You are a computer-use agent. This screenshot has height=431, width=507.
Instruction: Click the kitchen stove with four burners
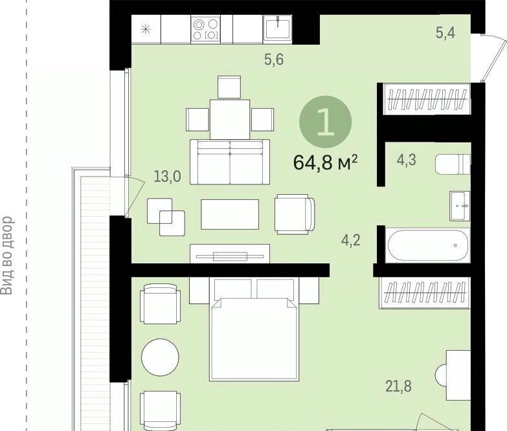click(x=205, y=29)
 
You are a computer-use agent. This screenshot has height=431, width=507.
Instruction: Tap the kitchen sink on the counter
click(x=277, y=28)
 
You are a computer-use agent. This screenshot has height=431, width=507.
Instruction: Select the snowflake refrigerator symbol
click(x=146, y=29)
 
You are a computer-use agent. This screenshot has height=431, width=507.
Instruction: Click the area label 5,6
click(x=274, y=60)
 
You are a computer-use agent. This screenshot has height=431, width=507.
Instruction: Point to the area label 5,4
click(x=445, y=32)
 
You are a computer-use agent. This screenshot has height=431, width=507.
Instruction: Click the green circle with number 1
click(x=326, y=122)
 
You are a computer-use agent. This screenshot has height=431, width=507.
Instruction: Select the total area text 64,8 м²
click(x=325, y=162)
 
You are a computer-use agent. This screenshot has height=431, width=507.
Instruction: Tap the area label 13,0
click(x=167, y=177)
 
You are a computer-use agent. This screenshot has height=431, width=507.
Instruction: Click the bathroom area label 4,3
click(x=407, y=160)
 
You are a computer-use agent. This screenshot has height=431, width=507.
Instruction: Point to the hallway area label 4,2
click(x=351, y=240)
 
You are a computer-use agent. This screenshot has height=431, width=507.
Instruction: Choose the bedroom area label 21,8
click(x=399, y=386)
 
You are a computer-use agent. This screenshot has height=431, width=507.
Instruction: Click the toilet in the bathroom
click(x=453, y=164)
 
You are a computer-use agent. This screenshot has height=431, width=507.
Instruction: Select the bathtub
click(x=428, y=245)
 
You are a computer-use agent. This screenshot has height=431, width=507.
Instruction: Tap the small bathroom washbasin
click(x=460, y=206)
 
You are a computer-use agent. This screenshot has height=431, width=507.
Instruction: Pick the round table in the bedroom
click(x=160, y=357)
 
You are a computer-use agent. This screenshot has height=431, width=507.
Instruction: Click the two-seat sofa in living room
click(x=230, y=162)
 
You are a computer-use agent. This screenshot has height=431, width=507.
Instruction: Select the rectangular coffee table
click(x=230, y=214)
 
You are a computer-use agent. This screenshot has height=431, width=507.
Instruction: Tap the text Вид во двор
click(x=7, y=256)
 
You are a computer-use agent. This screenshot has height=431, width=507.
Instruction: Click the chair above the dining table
click(x=229, y=87)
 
